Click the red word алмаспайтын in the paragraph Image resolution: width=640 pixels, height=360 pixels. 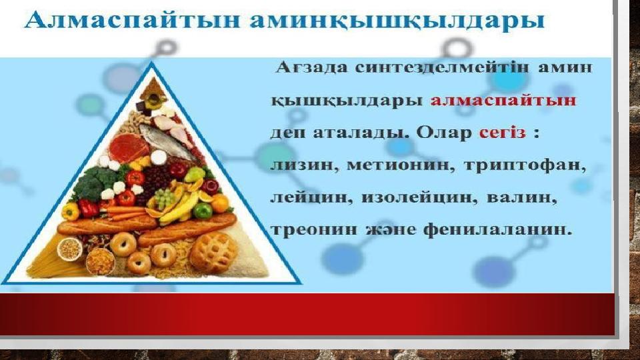503,100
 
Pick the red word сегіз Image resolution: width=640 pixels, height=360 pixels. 503,133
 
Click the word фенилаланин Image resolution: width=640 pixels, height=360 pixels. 497,230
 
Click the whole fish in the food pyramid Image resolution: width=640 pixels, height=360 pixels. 168,142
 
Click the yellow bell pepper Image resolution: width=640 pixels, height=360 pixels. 70,211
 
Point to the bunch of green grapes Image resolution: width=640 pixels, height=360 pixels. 165,199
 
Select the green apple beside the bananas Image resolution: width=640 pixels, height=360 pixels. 203,210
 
